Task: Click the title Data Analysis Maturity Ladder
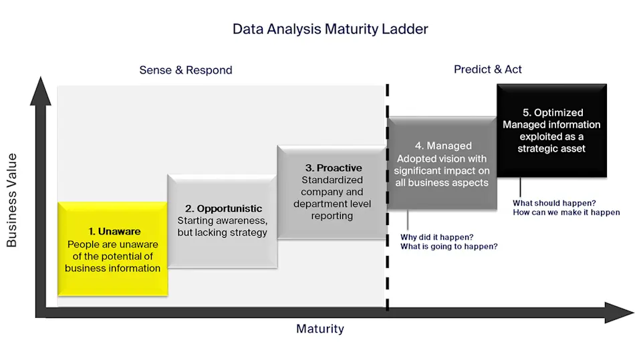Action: tap(330, 29)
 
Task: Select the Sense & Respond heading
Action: tap(186, 70)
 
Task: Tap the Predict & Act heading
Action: tap(487, 69)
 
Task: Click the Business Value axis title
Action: tap(12, 200)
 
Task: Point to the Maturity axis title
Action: tap(320, 329)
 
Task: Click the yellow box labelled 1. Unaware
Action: tap(112, 248)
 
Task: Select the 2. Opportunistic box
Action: tap(222, 220)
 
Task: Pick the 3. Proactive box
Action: tap(332, 192)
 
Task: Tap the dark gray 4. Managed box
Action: tap(442, 164)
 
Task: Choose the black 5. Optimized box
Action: tap(551, 130)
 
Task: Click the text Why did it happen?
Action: tap(437, 236)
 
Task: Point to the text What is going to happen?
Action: tap(449, 246)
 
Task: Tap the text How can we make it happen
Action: tap(566, 212)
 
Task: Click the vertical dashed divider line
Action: tap(387, 200)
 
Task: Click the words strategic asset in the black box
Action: tap(551, 148)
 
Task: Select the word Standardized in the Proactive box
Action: tap(332, 180)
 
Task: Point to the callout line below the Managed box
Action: tap(408, 219)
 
